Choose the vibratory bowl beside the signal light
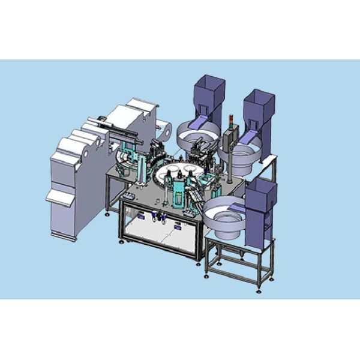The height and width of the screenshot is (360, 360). click(246, 157)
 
